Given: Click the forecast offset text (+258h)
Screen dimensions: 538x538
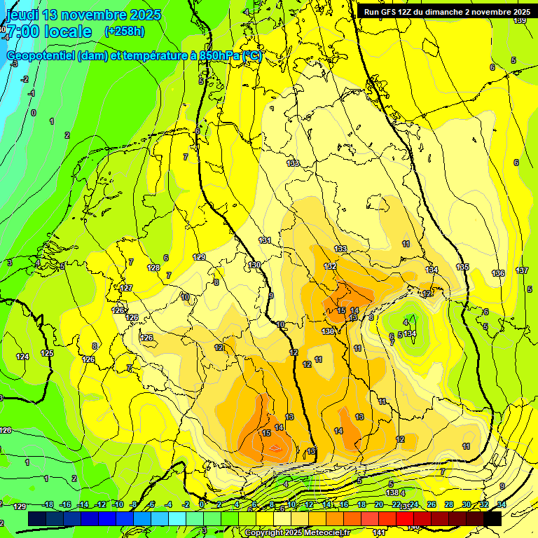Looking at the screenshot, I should pos(125,32).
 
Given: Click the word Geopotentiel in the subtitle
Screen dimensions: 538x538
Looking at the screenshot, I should pos(39,56).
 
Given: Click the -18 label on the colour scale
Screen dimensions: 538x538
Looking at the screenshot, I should pos(48,504).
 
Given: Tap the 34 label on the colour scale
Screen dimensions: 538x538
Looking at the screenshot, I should pos(500,504).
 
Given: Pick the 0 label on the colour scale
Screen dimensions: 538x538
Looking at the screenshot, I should pos(202,504).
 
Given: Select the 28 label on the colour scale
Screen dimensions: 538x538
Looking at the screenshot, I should pos(449,504).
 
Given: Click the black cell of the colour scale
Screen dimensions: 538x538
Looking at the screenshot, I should pos(492,518).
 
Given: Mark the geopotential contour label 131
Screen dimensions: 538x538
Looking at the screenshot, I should pos(265,240).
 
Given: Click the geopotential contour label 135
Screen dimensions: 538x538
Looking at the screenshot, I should pos(462,267).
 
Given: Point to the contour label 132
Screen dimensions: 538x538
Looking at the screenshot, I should pos(330,267).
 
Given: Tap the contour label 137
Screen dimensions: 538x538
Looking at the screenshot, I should pos(522,270).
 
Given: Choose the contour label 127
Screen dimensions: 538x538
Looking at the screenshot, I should pos(126,288).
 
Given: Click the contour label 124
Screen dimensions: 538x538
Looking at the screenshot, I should pos(23,357).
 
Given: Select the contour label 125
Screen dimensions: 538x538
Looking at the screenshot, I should pos(47,353).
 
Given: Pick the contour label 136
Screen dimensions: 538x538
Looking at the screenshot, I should pos(498,273).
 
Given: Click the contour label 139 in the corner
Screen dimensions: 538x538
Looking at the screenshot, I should pos(519,21).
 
